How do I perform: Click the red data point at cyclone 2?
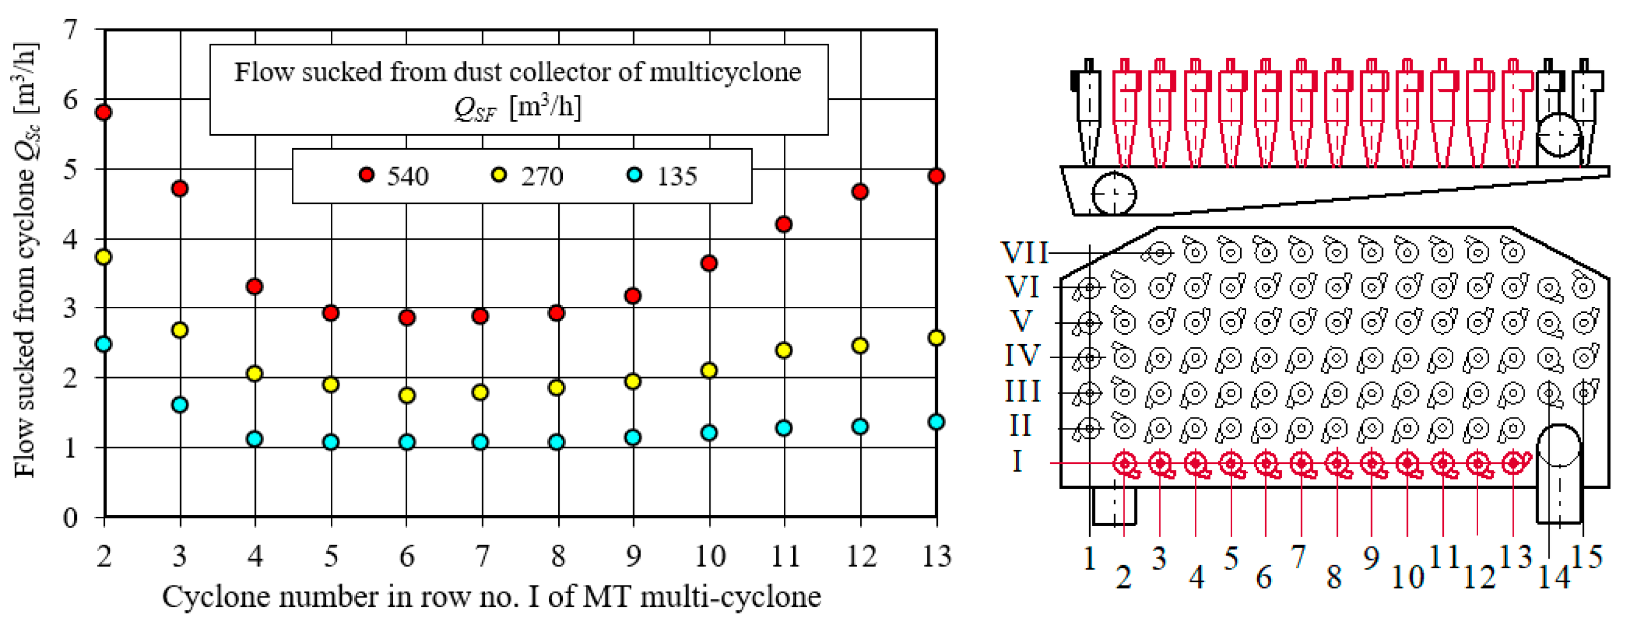coord(104,112)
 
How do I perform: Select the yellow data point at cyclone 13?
coord(936,337)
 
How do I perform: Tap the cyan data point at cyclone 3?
coord(180,405)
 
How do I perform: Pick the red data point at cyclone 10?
coord(708,263)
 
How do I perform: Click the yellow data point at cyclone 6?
coord(407,396)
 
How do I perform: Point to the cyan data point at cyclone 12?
coord(860,426)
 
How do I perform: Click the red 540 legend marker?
coord(366,175)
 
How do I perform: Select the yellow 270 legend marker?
coord(499,175)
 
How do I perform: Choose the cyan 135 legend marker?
coord(634,175)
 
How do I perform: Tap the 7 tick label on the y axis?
coord(71,29)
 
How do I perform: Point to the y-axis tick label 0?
coord(71,517)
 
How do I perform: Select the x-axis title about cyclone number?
coord(492,596)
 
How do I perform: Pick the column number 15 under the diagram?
coord(1586,558)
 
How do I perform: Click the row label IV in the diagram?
coord(1022,357)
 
